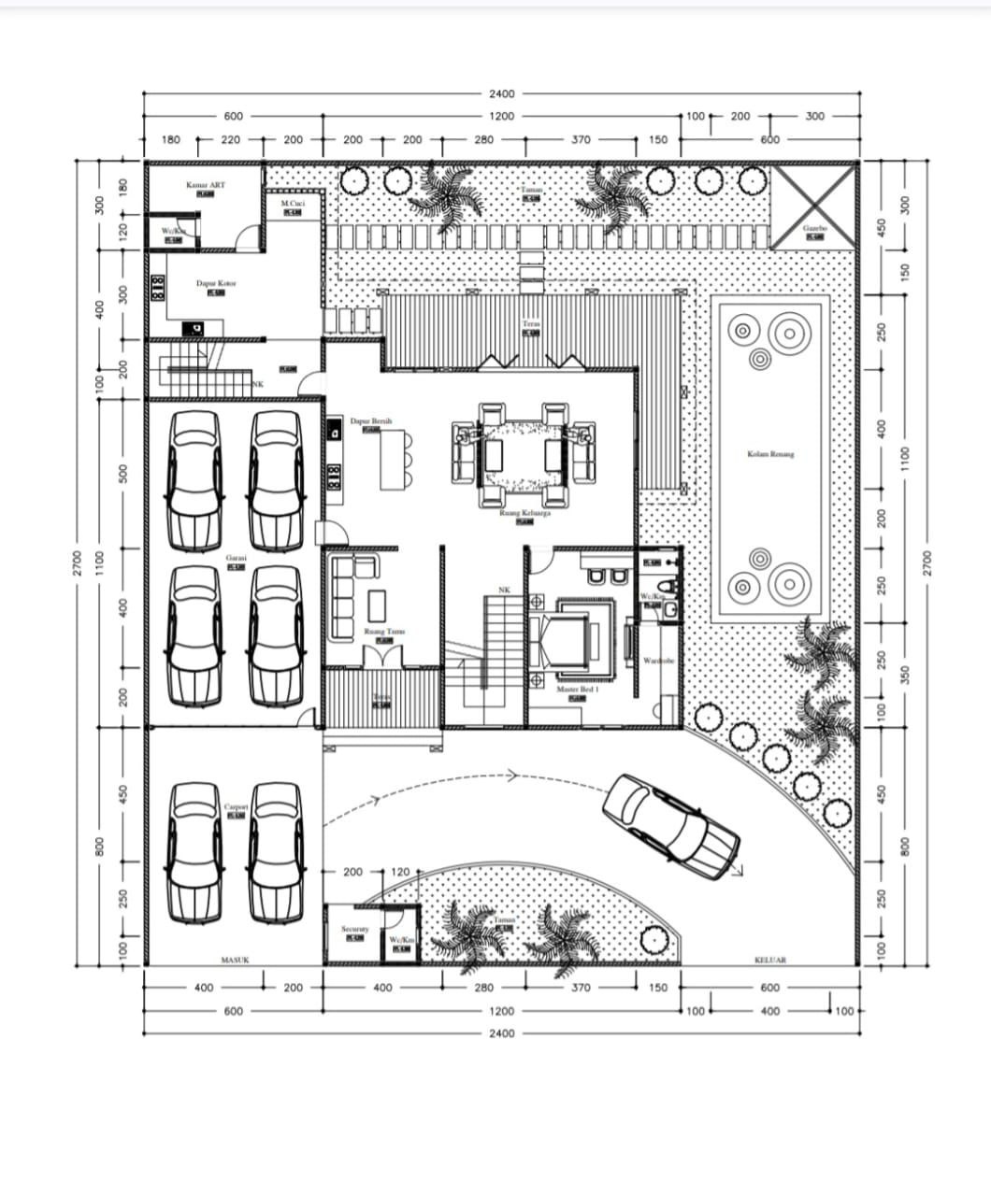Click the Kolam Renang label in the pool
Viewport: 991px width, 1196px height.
770,454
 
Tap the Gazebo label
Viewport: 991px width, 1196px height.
814,228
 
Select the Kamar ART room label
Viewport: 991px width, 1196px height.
206,185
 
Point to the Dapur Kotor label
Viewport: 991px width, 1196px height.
216,283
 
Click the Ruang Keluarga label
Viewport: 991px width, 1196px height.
524,513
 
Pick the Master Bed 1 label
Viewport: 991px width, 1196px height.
578,690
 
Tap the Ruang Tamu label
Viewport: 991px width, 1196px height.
384,633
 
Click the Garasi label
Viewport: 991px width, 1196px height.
236,558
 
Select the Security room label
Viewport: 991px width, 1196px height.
354,930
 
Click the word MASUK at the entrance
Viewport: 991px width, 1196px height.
235,960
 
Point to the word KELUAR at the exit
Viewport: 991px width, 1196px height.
770,960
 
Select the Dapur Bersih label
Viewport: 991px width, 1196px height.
371,421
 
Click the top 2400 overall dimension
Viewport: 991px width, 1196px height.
501,93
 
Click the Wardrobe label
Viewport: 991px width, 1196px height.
658,661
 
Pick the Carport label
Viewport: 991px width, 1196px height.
236,806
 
